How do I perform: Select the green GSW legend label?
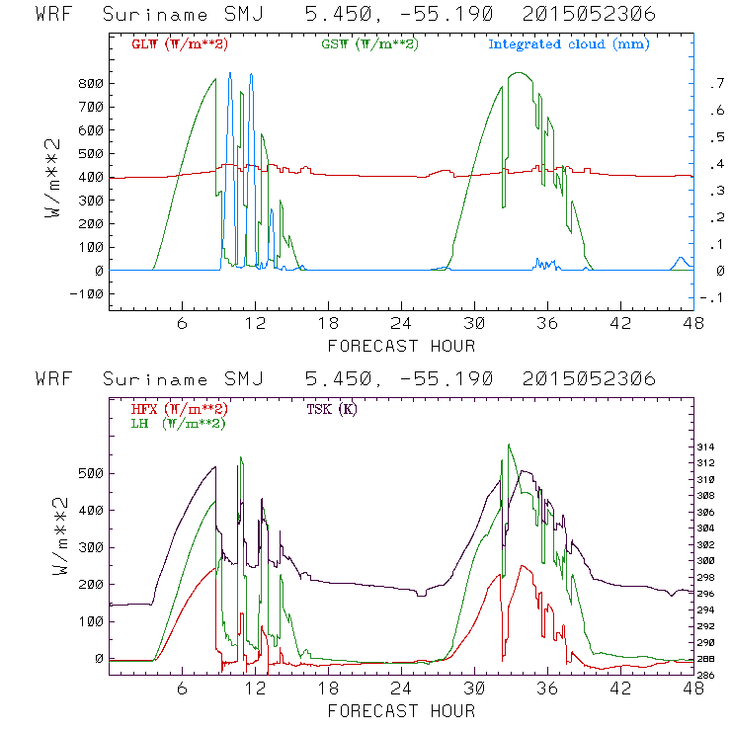tap(365, 44)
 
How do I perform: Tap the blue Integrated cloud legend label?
tap(569, 44)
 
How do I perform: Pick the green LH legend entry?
tap(177, 423)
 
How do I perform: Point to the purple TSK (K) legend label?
tap(335, 408)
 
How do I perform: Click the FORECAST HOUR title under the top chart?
tap(401, 346)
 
